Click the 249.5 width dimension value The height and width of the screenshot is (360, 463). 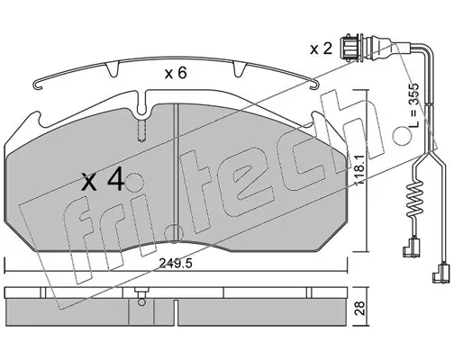(175, 264)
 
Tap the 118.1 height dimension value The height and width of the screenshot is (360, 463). (359, 170)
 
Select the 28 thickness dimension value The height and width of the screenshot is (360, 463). (359, 308)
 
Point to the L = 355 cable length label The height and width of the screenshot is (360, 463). (413, 104)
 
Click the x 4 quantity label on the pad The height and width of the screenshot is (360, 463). (103, 180)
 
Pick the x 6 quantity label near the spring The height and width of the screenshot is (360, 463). (176, 73)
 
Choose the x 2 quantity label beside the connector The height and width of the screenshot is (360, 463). (321, 49)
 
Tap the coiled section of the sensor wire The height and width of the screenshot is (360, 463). (414, 200)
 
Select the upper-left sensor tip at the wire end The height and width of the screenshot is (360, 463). (411, 247)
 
